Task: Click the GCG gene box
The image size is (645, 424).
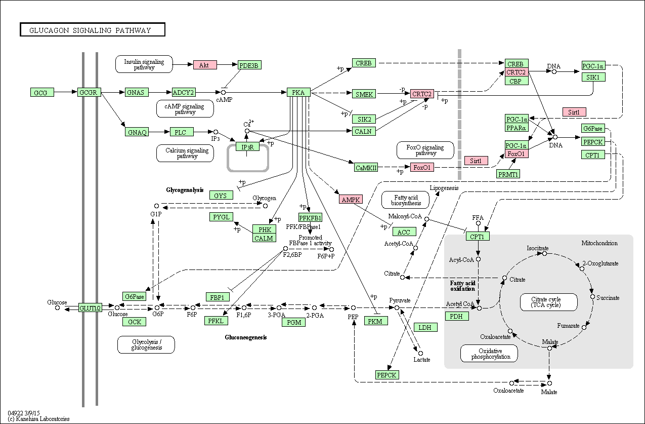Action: point(42,92)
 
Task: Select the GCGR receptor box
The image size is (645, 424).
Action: point(89,92)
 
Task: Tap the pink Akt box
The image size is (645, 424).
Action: point(205,65)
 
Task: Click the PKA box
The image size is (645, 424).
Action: point(298,92)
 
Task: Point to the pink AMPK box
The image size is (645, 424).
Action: point(351,199)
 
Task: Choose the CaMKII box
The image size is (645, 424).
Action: point(366,167)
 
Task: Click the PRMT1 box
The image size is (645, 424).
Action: point(508,174)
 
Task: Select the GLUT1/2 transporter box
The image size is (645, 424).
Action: point(90,308)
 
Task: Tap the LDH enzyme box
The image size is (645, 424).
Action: point(425,327)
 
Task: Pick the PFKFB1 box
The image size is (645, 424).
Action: point(310,217)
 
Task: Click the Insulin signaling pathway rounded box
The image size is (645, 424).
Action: point(144,64)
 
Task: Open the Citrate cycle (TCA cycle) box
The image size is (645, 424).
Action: point(549,302)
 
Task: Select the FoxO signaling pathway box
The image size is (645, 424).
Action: point(425,150)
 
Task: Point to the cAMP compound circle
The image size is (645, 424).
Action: point(223,92)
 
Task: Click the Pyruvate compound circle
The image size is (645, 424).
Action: point(397,308)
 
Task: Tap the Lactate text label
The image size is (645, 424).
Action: point(422,360)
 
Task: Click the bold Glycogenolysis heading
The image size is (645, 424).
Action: point(185,190)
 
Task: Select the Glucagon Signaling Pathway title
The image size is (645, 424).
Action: point(90,30)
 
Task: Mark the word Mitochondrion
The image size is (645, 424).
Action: point(599,243)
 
